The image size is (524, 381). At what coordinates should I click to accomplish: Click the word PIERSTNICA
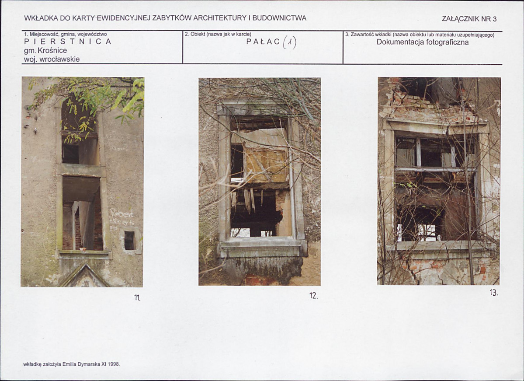(x=67, y=42)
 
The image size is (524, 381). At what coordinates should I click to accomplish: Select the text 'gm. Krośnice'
(x=45, y=50)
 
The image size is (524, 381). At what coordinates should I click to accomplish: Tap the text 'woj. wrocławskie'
(x=52, y=59)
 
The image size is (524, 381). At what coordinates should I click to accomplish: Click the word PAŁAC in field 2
(x=263, y=42)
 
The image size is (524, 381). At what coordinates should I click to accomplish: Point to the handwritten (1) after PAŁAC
(x=289, y=42)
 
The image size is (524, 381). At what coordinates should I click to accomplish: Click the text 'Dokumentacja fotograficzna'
(x=423, y=42)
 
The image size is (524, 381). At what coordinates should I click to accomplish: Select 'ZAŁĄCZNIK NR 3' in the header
(x=469, y=19)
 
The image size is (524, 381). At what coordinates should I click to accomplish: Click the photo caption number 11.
(x=137, y=297)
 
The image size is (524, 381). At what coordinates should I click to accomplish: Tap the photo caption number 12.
(x=313, y=296)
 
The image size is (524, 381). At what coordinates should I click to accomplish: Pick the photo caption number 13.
(x=494, y=293)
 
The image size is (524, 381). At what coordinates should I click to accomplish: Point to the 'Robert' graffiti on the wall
(x=122, y=213)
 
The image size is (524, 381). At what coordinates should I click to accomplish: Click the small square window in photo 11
(x=129, y=241)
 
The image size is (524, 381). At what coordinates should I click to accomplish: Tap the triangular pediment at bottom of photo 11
(x=84, y=277)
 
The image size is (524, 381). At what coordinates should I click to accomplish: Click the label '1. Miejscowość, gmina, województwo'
(x=66, y=34)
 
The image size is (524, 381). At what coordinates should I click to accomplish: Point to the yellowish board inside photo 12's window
(x=267, y=165)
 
